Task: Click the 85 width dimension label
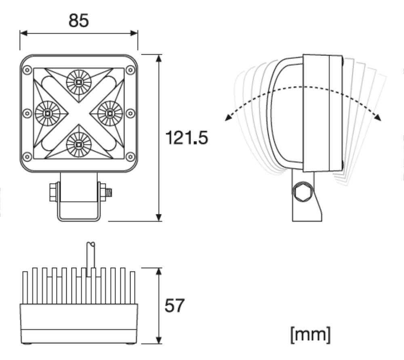[x=78, y=20]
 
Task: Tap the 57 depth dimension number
[x=174, y=305]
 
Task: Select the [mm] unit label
[x=310, y=334]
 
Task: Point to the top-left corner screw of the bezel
[x=27, y=70]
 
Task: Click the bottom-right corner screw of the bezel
[x=130, y=156]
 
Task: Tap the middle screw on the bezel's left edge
[x=27, y=113]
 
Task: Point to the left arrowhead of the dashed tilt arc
[x=228, y=118]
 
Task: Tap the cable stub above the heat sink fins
[x=91, y=255]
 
